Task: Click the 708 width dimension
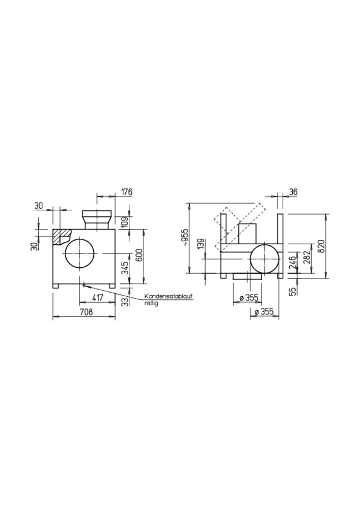[86, 313]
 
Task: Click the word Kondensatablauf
[169, 296]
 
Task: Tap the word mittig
[151, 304]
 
